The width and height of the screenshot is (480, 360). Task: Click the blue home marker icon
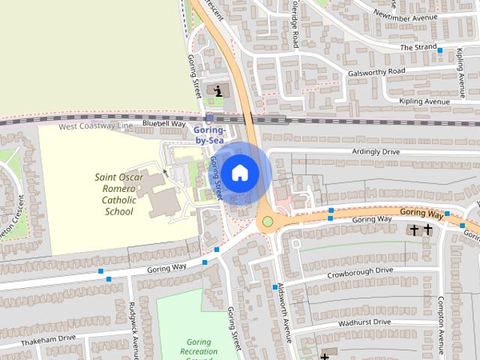pos(239,173)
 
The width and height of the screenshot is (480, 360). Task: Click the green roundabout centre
pos(267,222)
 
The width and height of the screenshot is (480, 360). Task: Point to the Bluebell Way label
pos(163,123)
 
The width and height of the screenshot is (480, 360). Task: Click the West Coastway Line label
pos(95,126)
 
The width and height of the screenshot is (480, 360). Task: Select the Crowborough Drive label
pos(360,271)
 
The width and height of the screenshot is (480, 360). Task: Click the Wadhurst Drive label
pos(364,322)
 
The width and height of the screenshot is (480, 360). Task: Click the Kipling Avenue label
pos(424,101)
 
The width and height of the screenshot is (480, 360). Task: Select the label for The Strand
pos(418,46)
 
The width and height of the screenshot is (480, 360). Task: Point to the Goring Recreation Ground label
pos(199,351)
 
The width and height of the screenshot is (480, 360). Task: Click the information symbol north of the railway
pos(218,91)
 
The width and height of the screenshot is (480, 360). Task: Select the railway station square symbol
pos(208,118)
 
